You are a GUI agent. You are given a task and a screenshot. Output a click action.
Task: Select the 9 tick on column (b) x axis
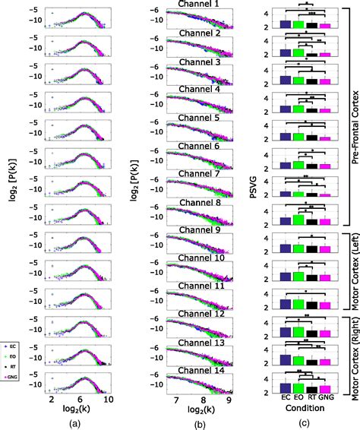point(226,397)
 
